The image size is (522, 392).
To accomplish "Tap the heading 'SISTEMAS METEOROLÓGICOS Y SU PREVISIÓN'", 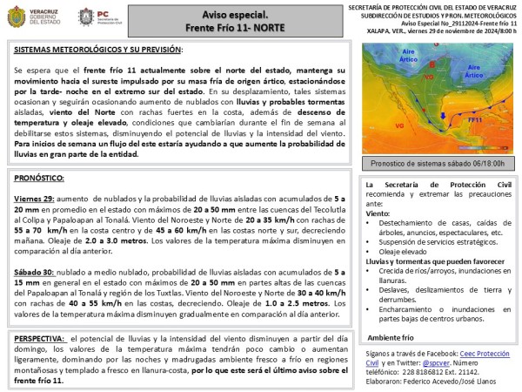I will click(98, 50).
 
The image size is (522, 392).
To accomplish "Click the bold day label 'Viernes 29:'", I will click(35, 200).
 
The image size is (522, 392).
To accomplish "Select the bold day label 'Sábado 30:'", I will click(35, 274).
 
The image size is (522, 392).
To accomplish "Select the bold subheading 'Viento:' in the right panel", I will click(378, 213).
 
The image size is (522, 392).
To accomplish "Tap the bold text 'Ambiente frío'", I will click(391, 337).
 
